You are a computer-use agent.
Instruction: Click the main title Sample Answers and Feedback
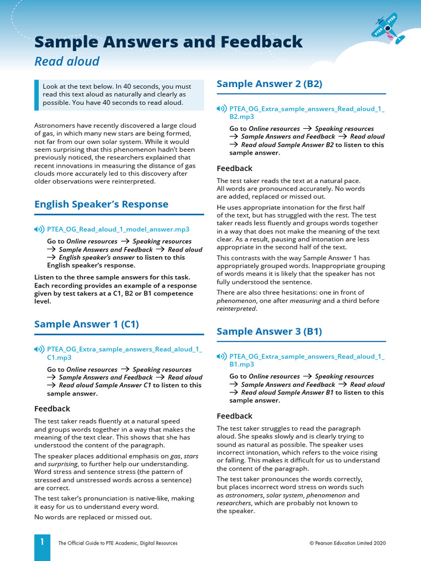click(x=168, y=42)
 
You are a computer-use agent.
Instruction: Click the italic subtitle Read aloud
click(x=67, y=61)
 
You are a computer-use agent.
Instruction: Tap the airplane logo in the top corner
click(x=389, y=29)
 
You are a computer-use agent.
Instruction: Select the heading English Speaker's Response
click(x=101, y=204)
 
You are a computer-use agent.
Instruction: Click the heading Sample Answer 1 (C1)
click(x=87, y=324)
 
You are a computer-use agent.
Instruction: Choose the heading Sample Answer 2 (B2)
click(x=269, y=84)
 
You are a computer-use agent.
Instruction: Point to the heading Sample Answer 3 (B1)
click(x=269, y=331)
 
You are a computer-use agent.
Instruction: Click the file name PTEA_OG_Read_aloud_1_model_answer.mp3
click(x=118, y=229)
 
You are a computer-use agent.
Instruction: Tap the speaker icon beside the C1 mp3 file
click(x=39, y=350)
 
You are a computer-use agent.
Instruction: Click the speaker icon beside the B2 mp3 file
click(x=221, y=109)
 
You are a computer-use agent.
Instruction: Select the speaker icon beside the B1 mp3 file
click(x=221, y=357)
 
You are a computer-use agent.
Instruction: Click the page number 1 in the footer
click(x=42, y=542)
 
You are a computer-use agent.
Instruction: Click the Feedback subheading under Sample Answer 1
click(x=52, y=409)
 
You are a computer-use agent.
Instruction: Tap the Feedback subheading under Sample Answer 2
click(x=235, y=168)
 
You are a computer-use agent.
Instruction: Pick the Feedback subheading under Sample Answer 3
click(x=235, y=416)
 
